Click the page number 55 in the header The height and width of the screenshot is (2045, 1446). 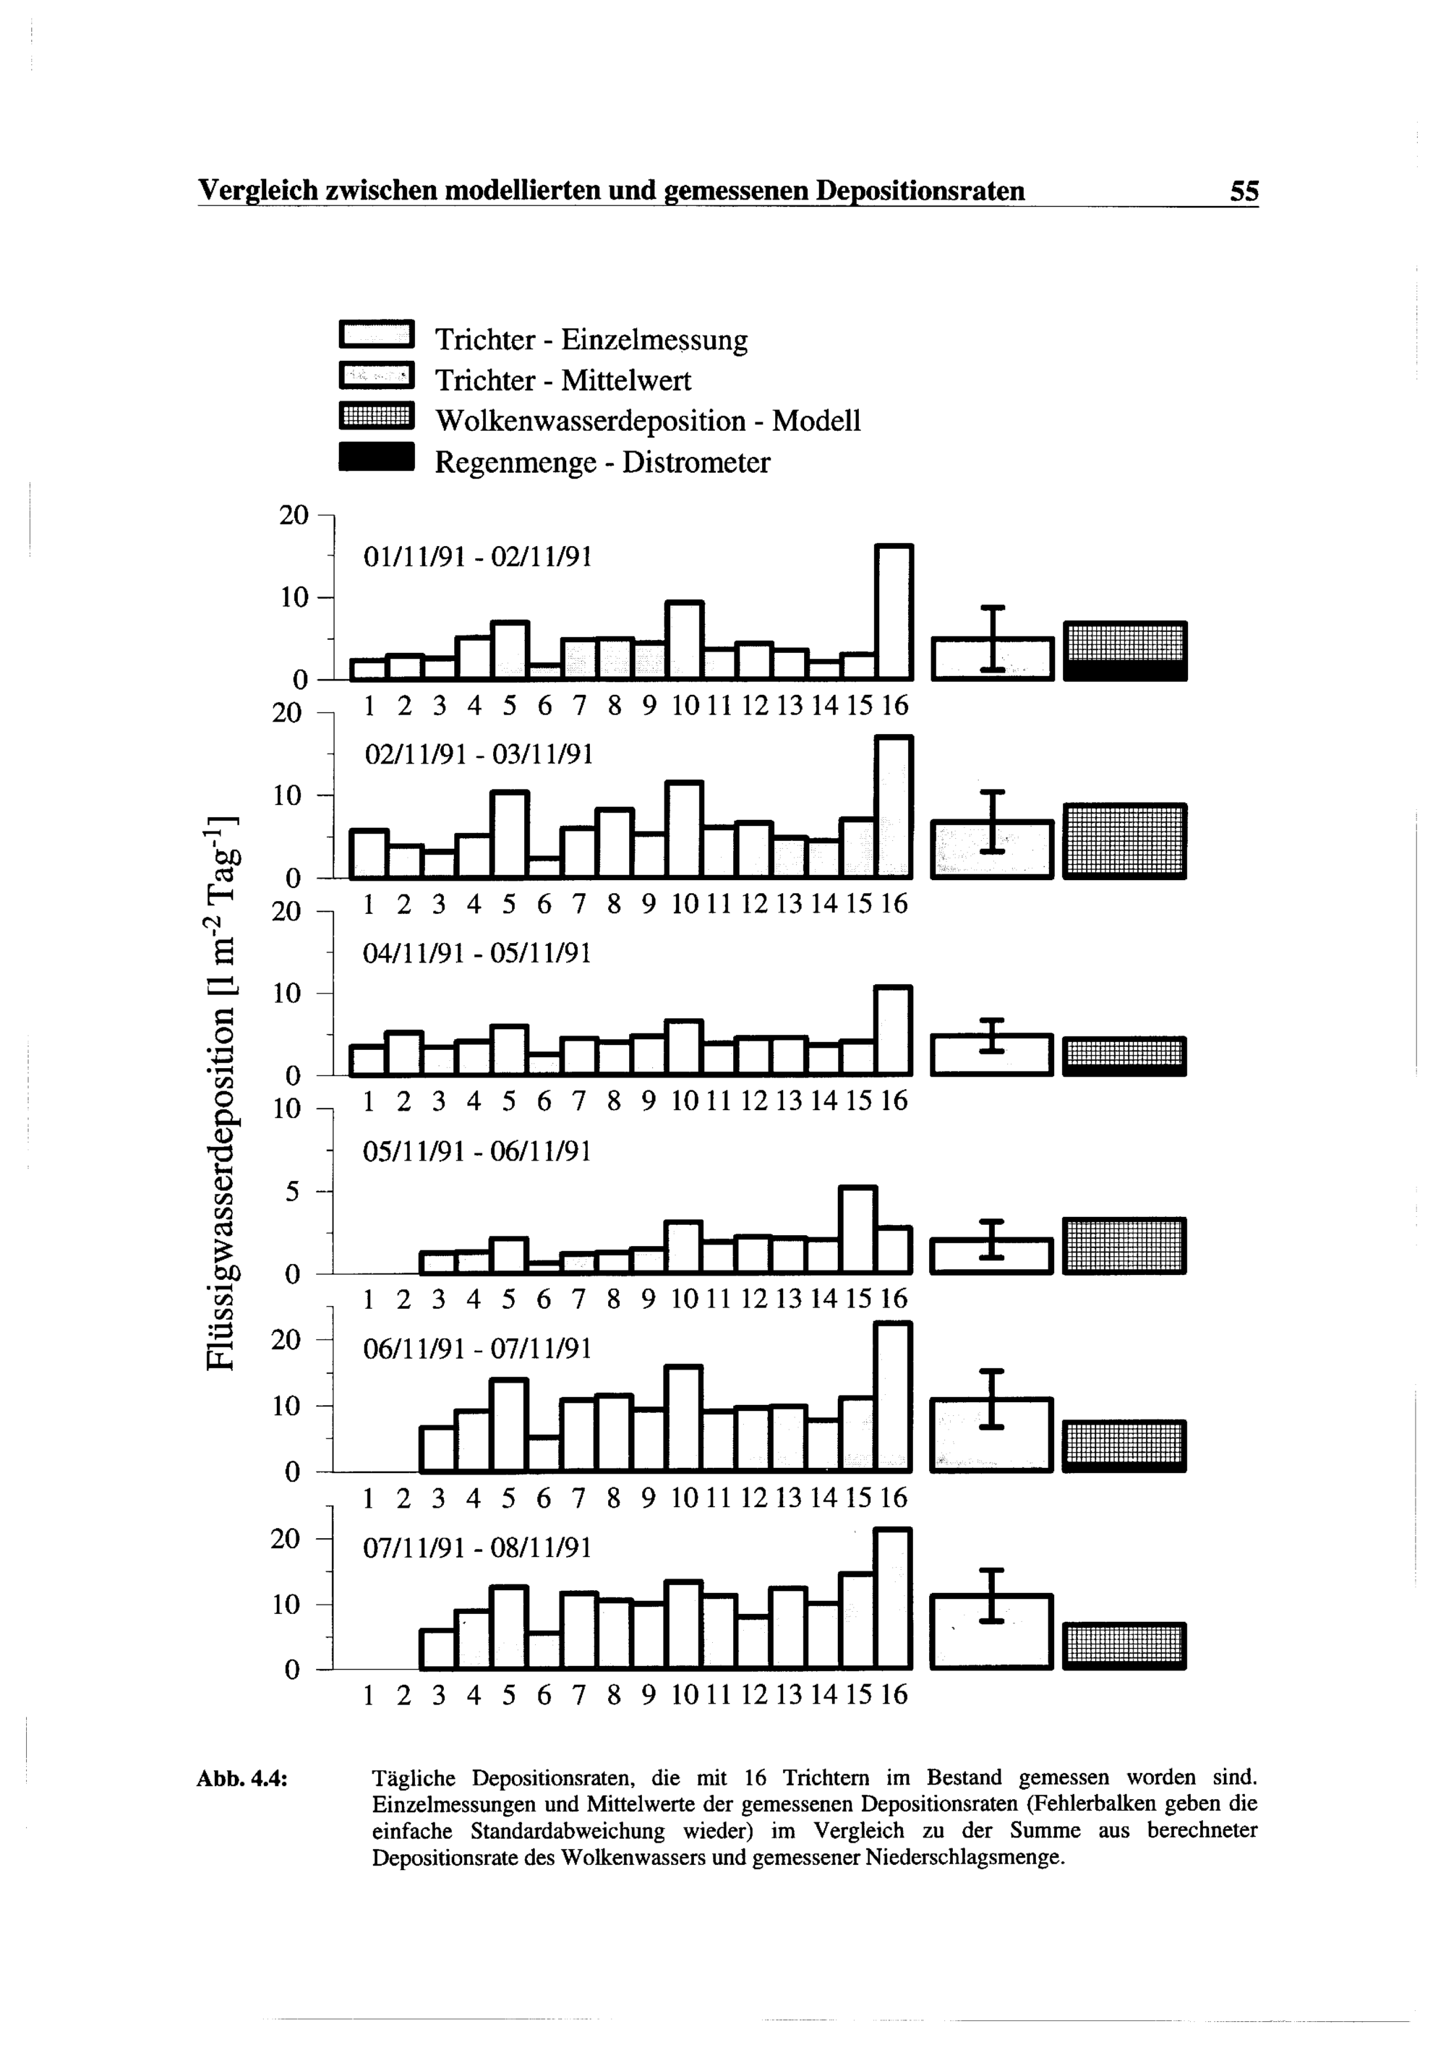pos(1244,191)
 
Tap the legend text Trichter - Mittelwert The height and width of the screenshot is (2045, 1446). pos(562,381)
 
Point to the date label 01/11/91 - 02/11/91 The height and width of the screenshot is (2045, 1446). pos(478,558)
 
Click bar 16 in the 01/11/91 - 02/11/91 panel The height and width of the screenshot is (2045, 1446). pos(894,612)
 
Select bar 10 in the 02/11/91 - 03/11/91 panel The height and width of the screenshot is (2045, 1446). pos(685,829)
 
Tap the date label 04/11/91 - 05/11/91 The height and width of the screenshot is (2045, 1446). pos(477,954)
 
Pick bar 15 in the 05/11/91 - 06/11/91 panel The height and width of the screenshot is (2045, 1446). pos(858,1230)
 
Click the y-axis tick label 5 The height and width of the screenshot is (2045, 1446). pos(293,1192)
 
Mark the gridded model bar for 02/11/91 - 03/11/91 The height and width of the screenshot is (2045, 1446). pos(1124,841)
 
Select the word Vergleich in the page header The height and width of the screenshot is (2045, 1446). pos(258,191)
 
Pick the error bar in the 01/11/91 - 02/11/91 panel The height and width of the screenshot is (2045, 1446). pos(992,638)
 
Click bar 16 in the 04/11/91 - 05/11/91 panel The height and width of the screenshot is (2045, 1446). pos(894,1030)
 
